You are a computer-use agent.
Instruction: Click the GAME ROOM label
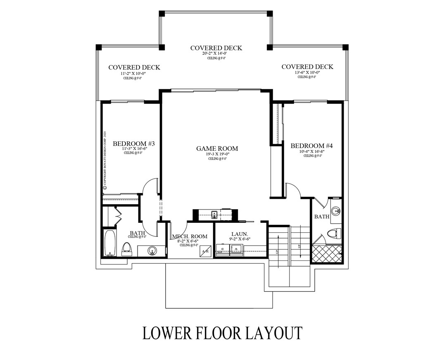217,148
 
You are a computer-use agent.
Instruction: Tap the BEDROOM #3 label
133,143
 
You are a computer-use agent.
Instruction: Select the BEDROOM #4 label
311,145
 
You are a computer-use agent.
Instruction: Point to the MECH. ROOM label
190,236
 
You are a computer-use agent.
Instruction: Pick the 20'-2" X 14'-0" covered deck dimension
216,54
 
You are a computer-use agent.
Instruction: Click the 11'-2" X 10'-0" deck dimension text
134,73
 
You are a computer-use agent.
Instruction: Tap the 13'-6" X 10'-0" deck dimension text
307,72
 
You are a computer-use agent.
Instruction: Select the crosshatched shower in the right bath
326,253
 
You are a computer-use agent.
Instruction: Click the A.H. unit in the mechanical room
206,251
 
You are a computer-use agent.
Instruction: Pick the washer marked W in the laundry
236,248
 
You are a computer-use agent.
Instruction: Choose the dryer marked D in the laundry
223,248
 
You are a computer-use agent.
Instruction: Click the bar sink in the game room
215,214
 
